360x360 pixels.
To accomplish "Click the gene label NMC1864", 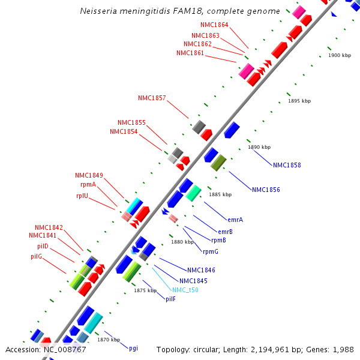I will tap(214, 25).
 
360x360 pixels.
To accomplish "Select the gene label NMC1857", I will tap(152, 98).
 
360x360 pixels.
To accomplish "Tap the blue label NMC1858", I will tap(287, 165).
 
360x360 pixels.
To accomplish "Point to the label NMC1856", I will tap(266, 190).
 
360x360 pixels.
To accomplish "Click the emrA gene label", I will tap(235, 220).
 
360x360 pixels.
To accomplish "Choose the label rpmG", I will tap(211, 251).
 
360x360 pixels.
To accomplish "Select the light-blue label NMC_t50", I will tap(185, 290).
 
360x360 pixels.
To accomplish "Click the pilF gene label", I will tap(170, 299).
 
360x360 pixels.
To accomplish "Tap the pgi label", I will tap(133, 348).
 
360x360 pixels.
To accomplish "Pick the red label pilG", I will tap(36, 256).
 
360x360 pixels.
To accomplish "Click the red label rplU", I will tap(82, 195).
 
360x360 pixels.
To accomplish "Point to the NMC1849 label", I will tap(89, 175).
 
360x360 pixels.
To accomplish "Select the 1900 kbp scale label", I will tap(340, 55).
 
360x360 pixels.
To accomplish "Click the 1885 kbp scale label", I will tap(220, 194).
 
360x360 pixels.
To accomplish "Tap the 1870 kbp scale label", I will tap(109, 340).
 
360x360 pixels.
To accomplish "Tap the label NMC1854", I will tap(124, 131).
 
